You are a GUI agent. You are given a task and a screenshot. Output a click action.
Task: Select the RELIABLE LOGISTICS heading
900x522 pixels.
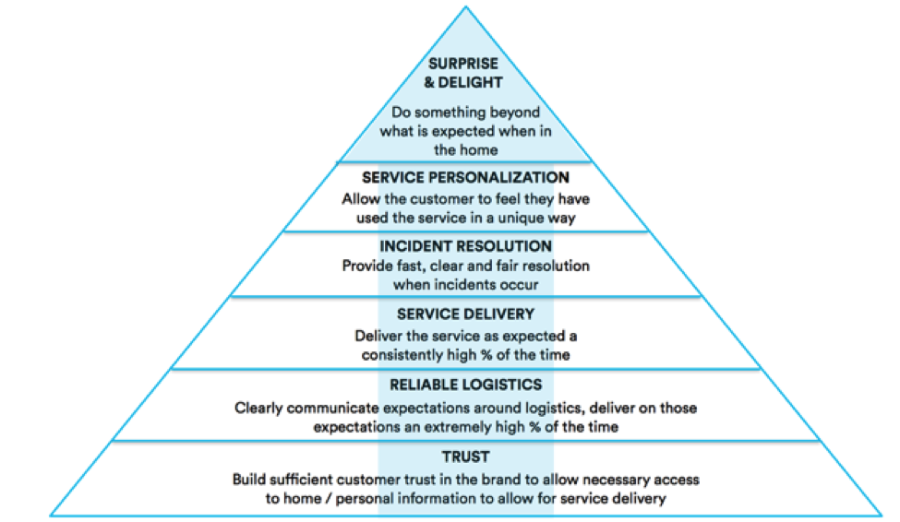(465, 385)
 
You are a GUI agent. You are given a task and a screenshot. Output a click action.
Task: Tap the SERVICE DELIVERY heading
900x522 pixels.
(465, 314)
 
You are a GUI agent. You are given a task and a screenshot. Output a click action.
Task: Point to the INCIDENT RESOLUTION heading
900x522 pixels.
(465, 246)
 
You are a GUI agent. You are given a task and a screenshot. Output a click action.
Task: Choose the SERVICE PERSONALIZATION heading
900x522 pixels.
(465, 177)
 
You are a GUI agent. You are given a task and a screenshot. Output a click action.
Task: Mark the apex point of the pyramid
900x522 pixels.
(465, 7)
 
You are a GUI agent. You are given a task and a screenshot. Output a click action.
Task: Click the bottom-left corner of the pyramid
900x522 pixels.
(50, 515)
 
